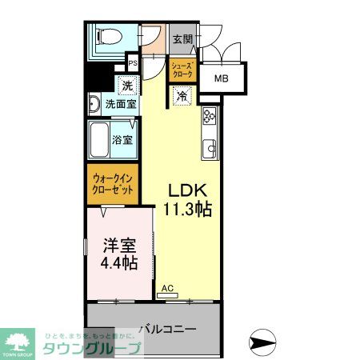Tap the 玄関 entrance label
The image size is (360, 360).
pos(181,38)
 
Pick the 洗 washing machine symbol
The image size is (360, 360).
pos(126,86)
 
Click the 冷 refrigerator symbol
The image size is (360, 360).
pos(182,96)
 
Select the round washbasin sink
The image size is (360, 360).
pos(94,103)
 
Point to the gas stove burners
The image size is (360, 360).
pos(210,117)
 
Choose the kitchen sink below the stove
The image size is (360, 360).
pos(211,147)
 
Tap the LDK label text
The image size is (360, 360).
pos(188,191)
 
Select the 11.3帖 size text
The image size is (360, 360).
pos(188,210)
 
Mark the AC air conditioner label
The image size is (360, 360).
pos(167,288)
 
